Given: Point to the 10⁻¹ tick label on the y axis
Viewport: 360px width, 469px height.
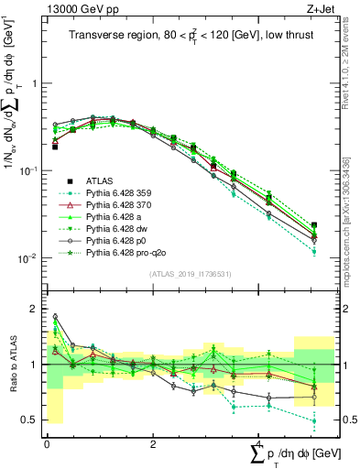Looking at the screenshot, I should click(28, 170).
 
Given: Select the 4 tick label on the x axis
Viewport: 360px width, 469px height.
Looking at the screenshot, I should click(258, 443).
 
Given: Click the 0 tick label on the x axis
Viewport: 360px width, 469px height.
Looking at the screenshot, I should click(47, 443).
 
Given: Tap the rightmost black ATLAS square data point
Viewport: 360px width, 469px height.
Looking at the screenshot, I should click(314, 225).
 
